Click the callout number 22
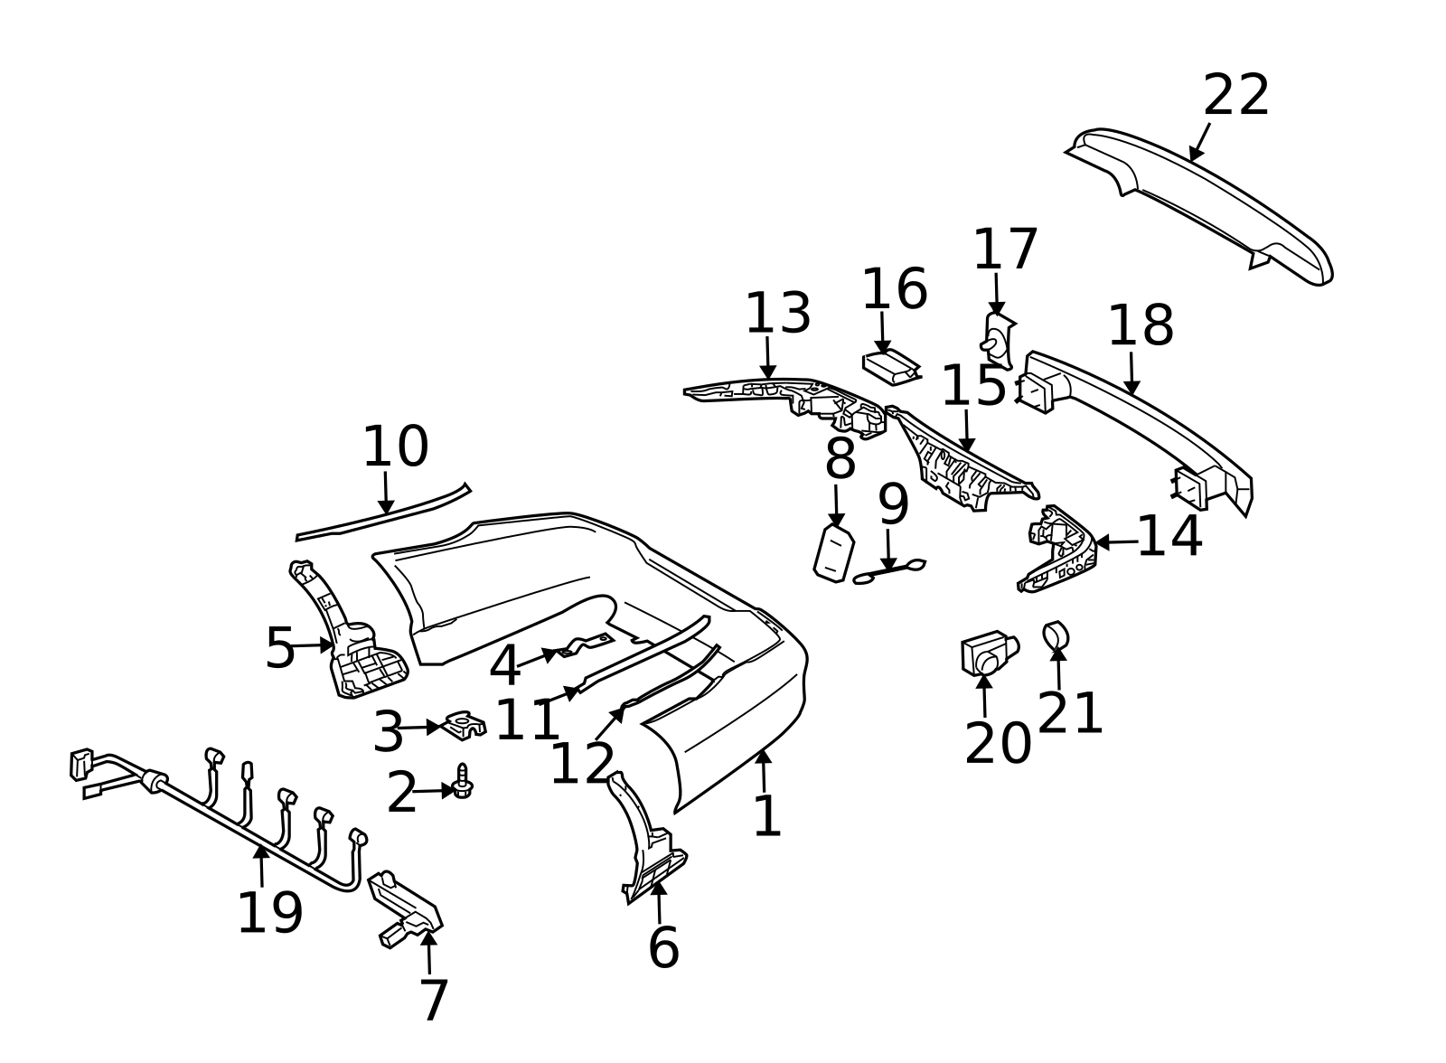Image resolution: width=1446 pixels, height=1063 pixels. [1235, 96]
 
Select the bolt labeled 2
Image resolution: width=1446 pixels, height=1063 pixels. [462, 781]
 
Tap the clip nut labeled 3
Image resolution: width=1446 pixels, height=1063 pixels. [465, 725]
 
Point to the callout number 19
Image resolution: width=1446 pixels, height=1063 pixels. [270, 913]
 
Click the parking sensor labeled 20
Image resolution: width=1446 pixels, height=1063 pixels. [989, 653]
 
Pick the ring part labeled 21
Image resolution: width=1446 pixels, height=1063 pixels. [1056, 636]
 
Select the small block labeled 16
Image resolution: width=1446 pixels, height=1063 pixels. [891, 368]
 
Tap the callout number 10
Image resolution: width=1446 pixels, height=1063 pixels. [396, 447]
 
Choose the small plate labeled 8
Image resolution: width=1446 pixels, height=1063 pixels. [834, 553]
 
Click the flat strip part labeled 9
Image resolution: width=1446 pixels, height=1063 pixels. [889, 571]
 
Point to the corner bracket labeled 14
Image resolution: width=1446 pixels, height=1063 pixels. [1056, 550]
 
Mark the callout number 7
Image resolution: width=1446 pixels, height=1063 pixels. [434, 1001]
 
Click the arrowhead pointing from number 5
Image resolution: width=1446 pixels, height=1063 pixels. [326, 644]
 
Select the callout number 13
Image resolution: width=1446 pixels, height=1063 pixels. [778, 314]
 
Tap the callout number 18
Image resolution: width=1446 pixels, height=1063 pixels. [1141, 326]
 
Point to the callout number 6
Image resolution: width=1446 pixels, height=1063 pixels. [663, 947]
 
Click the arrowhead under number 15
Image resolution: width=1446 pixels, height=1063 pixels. [966, 444]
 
